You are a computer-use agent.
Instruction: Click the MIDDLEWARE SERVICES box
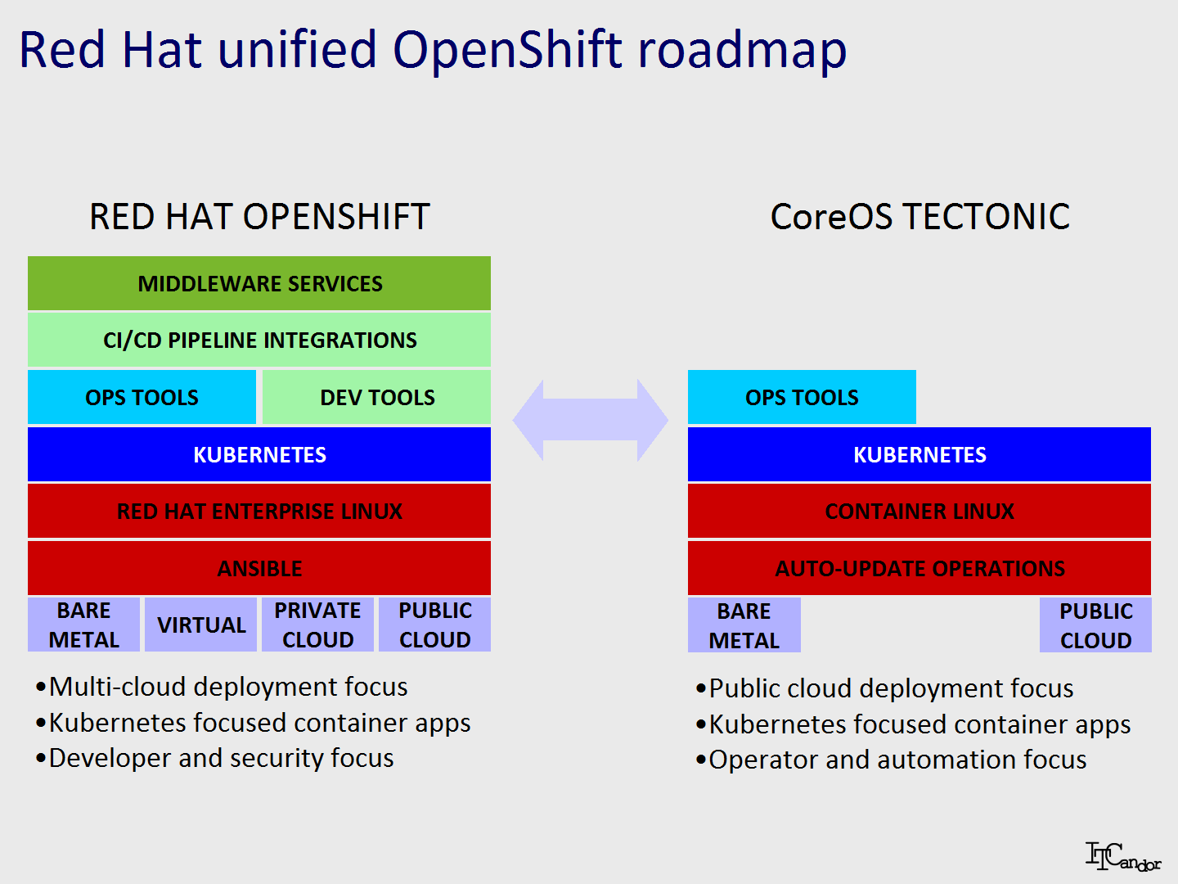(x=259, y=283)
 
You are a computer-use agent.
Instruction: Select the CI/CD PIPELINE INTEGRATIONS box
(x=259, y=340)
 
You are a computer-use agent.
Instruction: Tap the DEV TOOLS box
(x=377, y=397)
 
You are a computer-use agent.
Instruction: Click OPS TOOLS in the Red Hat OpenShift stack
(x=142, y=397)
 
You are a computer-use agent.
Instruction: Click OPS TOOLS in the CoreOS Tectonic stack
(x=802, y=397)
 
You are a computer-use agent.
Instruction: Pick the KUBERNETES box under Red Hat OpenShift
(x=259, y=454)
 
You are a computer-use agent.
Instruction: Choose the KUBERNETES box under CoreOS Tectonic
(x=919, y=454)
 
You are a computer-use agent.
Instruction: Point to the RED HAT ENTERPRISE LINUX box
(x=259, y=511)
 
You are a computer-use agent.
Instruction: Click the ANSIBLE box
(x=259, y=568)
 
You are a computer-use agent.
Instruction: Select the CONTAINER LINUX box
(x=919, y=511)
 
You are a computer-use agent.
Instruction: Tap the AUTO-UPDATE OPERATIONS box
(x=919, y=568)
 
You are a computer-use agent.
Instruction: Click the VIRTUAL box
(x=200, y=625)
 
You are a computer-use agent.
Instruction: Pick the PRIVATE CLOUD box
(x=317, y=625)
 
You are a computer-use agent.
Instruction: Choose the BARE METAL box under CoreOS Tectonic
(x=744, y=625)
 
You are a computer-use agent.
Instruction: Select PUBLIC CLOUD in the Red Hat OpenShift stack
(x=434, y=625)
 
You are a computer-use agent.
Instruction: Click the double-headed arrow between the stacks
(x=591, y=420)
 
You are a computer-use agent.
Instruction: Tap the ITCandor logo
(x=1122, y=856)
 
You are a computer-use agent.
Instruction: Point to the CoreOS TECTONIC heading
(x=919, y=216)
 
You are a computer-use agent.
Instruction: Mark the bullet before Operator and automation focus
(x=700, y=760)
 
